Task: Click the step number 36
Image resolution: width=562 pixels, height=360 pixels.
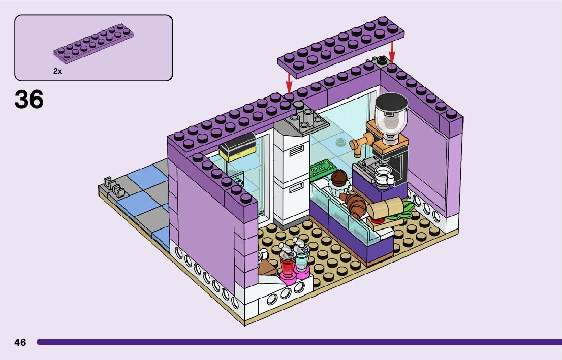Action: pyautogui.click(x=29, y=100)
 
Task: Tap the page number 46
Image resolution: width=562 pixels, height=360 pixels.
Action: pyautogui.click(x=20, y=342)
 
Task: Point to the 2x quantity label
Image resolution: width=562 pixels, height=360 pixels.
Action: pyautogui.click(x=57, y=72)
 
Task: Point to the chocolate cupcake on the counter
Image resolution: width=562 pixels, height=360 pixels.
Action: pyautogui.click(x=338, y=178)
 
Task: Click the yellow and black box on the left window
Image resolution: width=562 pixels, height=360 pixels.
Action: pyautogui.click(x=236, y=147)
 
